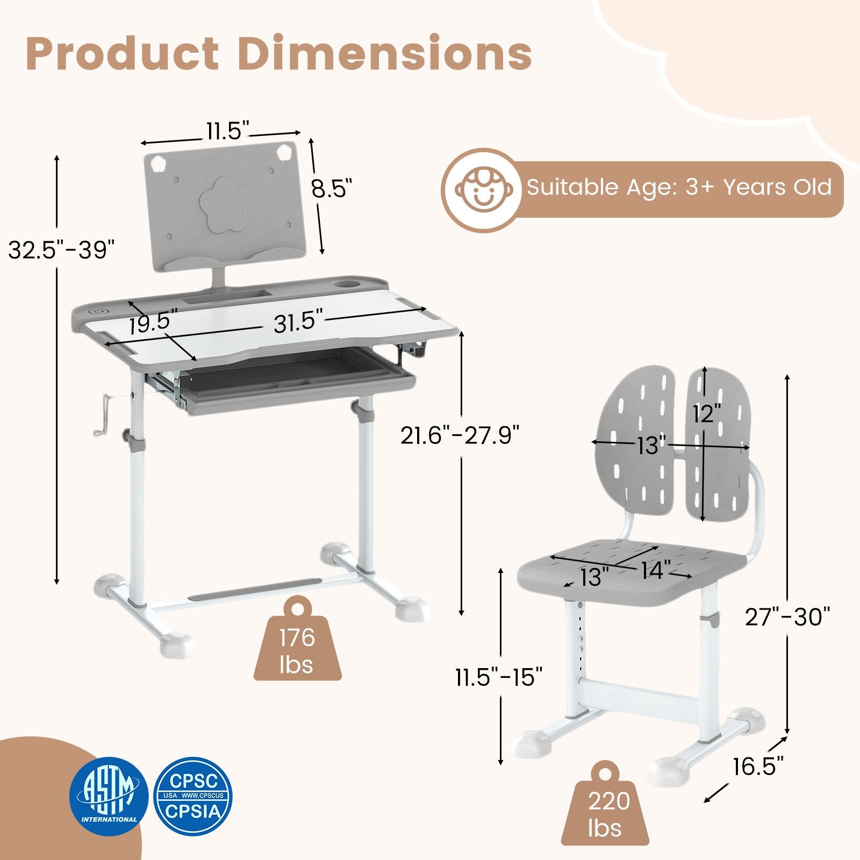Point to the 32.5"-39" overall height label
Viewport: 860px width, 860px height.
(61, 249)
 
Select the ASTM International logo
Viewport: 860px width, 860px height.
(109, 795)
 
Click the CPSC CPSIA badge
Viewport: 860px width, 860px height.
(194, 795)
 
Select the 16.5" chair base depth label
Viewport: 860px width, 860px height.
(758, 766)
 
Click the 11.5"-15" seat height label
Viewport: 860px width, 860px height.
(499, 676)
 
